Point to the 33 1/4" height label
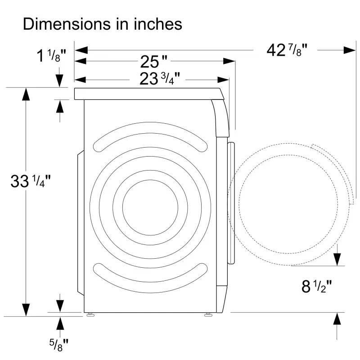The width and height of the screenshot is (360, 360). (x=31, y=181)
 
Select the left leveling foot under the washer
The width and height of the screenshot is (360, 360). (x=91, y=315)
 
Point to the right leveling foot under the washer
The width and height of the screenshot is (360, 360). (x=209, y=315)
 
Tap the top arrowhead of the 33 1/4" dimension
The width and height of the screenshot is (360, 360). (x=26, y=95)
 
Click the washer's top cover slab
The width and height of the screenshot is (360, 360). (x=148, y=94)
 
